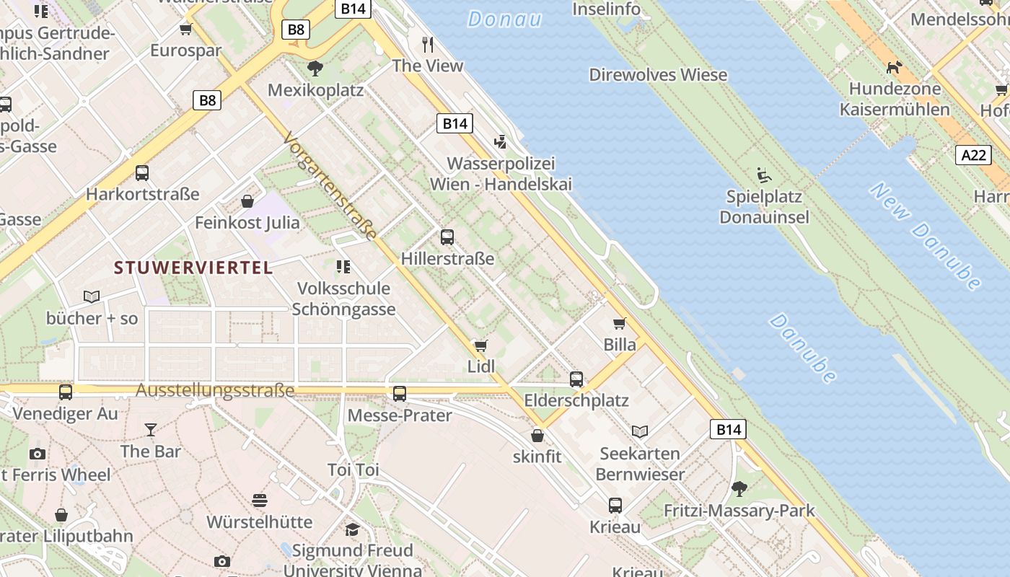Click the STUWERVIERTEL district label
193,268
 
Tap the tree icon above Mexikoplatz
315,69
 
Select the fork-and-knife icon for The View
428,45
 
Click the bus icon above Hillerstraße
447,237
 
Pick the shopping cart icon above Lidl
480,346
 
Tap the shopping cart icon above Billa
619,323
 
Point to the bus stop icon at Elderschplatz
576,379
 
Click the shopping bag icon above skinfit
537,436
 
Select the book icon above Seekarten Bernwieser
640,431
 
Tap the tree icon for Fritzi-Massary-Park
739,489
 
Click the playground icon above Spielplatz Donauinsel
763,175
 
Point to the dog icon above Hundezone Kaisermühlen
894,68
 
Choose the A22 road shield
973,155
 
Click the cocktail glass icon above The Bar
150,430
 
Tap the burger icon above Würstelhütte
260,500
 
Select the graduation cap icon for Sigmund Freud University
352,529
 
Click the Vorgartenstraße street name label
330,186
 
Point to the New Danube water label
925,235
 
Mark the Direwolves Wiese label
658,75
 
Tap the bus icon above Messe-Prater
399,394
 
